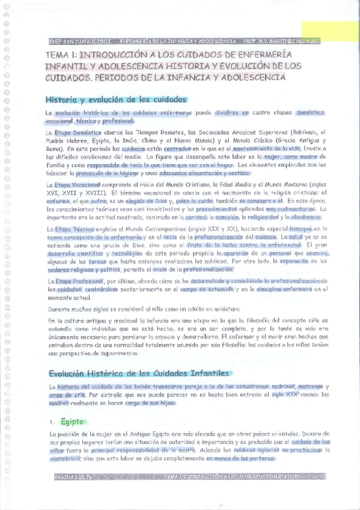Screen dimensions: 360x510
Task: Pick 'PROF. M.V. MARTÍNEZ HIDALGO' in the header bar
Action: point(281,42)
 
